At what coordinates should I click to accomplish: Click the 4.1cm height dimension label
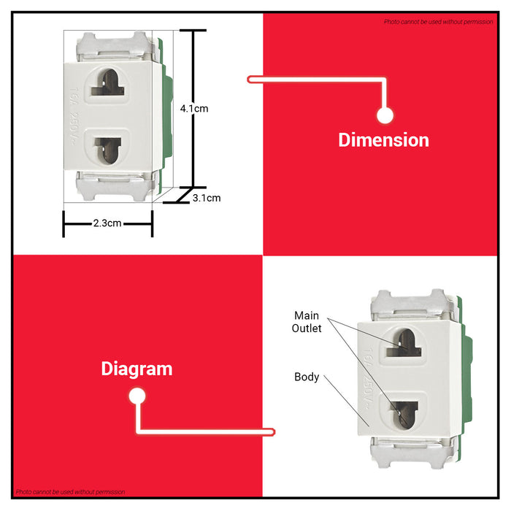(x=194, y=109)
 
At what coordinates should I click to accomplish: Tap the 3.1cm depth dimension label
(x=207, y=198)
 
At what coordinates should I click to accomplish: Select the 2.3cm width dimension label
(x=107, y=223)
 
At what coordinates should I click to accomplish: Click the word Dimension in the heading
(x=383, y=140)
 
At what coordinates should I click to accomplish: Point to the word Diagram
(x=137, y=369)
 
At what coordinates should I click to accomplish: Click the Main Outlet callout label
(x=307, y=322)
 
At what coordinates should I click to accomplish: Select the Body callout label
(x=307, y=377)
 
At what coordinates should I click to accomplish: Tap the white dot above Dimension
(x=385, y=115)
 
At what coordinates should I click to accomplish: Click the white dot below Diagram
(x=137, y=396)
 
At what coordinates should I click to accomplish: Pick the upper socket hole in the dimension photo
(x=107, y=83)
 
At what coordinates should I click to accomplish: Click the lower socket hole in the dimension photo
(x=107, y=150)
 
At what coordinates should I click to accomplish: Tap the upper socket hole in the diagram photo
(x=404, y=343)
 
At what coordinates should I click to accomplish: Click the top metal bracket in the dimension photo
(x=115, y=47)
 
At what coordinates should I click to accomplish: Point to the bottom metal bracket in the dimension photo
(x=115, y=185)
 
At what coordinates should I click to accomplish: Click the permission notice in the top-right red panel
(x=438, y=22)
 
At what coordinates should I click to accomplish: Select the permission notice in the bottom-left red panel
(x=70, y=492)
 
